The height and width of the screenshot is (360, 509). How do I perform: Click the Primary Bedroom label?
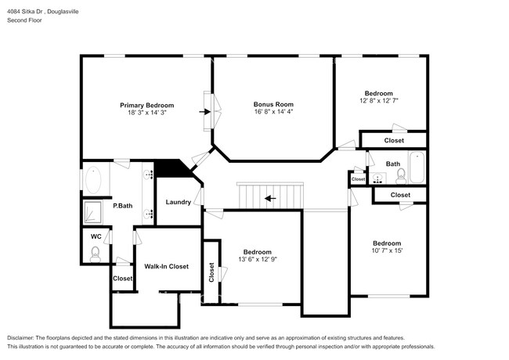click(x=146, y=105)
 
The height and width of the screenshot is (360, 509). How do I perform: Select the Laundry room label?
click(x=178, y=202)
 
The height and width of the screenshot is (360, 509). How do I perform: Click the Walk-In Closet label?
click(x=166, y=267)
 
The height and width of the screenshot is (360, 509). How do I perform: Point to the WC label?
click(x=96, y=236)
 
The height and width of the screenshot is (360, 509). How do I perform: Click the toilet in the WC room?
click(x=96, y=253)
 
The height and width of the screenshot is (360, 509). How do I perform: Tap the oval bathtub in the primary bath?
click(x=92, y=179)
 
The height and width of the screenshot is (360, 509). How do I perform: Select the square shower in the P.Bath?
click(x=94, y=211)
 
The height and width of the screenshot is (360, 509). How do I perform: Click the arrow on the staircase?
click(x=269, y=198)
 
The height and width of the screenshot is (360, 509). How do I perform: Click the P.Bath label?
click(x=121, y=206)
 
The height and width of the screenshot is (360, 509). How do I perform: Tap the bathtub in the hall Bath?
click(x=417, y=167)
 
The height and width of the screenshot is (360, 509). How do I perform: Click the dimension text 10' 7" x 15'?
click(x=386, y=251)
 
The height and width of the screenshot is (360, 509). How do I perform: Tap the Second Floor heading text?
click(x=24, y=21)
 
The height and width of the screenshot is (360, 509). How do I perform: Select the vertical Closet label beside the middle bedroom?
click(x=211, y=272)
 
